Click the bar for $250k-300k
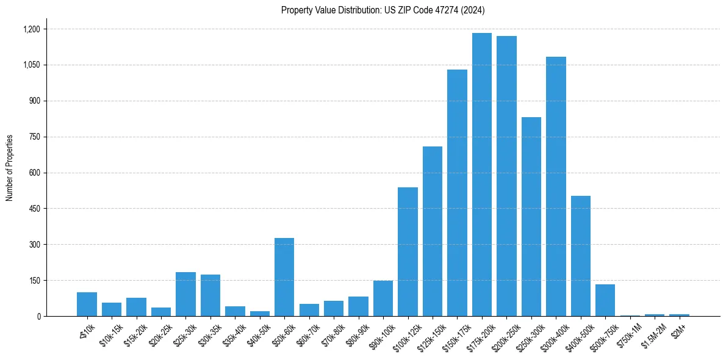pyautogui.click(x=531, y=217)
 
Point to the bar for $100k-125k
pyautogui.click(x=408, y=251)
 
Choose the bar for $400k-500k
pyautogui.click(x=581, y=256)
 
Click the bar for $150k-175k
pyautogui.click(x=457, y=193)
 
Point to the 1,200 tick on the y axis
pyautogui.click(x=31, y=29)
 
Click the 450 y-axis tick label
pyautogui.click(x=34, y=209)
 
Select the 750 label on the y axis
pyautogui.click(x=34, y=137)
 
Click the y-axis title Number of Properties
pyautogui.click(x=10, y=167)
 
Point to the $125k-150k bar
pyautogui.click(x=433, y=231)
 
